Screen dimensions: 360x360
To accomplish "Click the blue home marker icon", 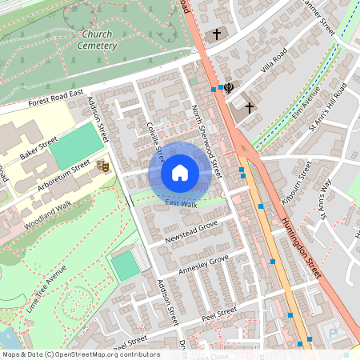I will coord(180,173).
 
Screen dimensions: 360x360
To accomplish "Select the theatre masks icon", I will coord(102,166).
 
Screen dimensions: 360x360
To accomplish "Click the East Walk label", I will coord(181,205).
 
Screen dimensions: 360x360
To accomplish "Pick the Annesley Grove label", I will coord(203,262).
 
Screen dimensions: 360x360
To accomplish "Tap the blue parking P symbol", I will coord(333,333).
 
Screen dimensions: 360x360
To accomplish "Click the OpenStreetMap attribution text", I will coord(80,354).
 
